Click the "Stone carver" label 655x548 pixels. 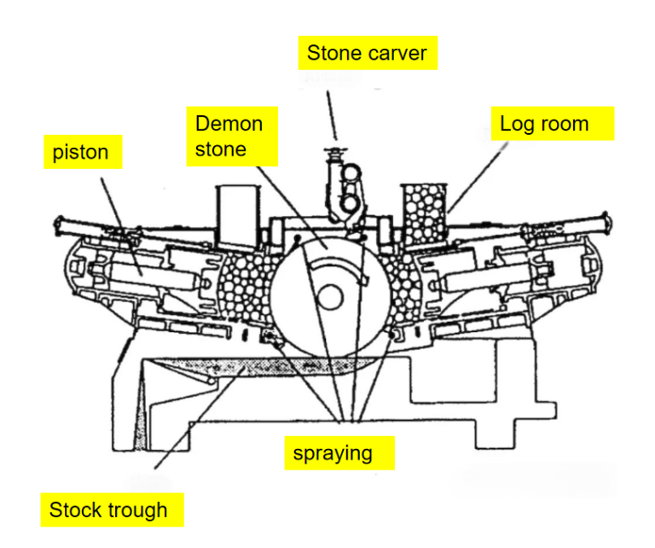(x=368, y=53)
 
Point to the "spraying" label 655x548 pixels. (x=339, y=452)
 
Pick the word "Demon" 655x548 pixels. (x=229, y=124)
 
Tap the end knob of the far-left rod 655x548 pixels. (x=61, y=227)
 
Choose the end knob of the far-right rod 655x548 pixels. (x=607, y=224)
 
